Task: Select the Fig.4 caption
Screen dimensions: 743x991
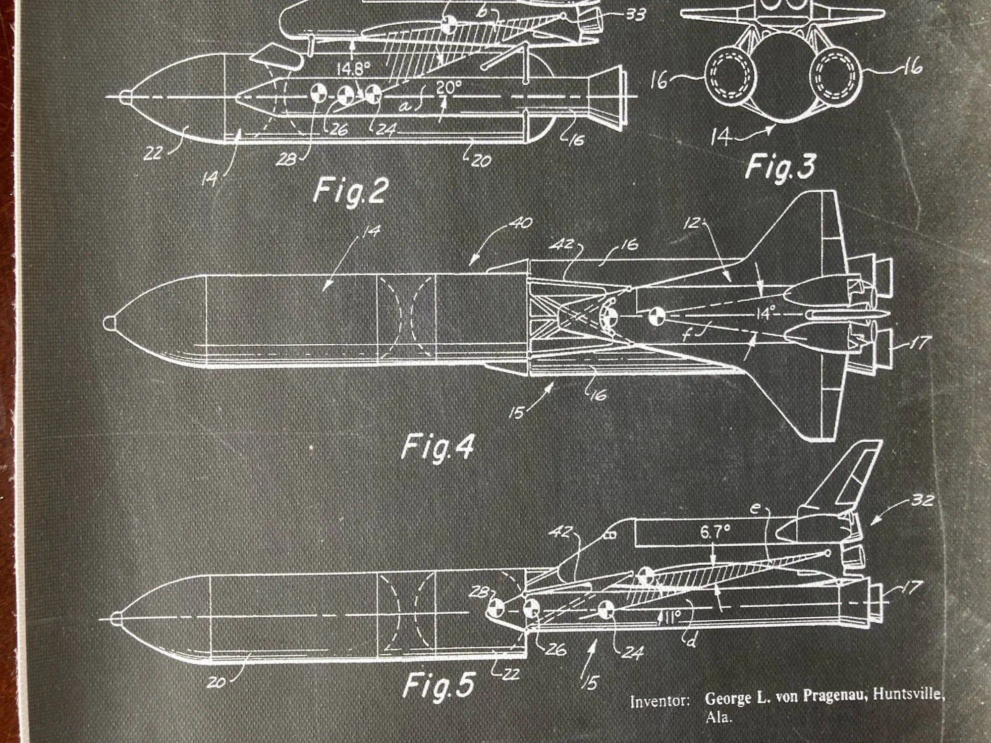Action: coord(437,447)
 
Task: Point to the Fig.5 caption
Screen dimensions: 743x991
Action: coord(439,685)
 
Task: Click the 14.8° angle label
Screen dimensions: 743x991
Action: coord(353,69)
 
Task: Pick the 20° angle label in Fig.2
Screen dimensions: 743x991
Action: coord(448,87)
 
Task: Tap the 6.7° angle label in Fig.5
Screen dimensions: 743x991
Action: coord(715,532)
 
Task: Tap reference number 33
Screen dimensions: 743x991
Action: coord(635,15)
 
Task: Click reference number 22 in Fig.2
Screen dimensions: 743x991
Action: coord(154,153)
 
